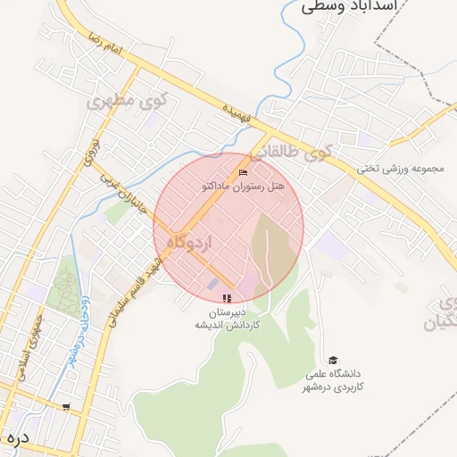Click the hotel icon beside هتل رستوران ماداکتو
click(245, 172)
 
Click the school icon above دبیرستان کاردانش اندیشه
click(228, 298)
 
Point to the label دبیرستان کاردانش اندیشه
click(228, 319)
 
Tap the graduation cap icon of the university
click(333, 359)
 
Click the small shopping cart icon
click(66, 407)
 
